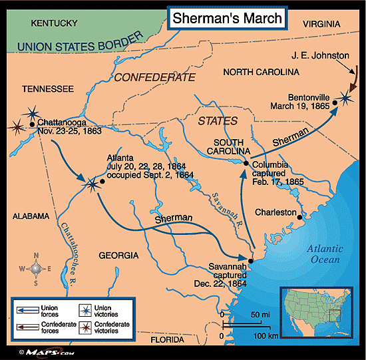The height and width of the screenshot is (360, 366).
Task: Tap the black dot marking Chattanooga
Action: (x=32, y=124)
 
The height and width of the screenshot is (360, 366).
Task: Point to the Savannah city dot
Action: (x=251, y=262)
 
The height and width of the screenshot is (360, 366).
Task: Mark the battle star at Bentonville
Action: (x=343, y=99)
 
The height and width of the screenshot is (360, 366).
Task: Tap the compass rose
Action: (x=37, y=269)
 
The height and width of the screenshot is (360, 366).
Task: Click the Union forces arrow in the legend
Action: (x=26, y=311)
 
